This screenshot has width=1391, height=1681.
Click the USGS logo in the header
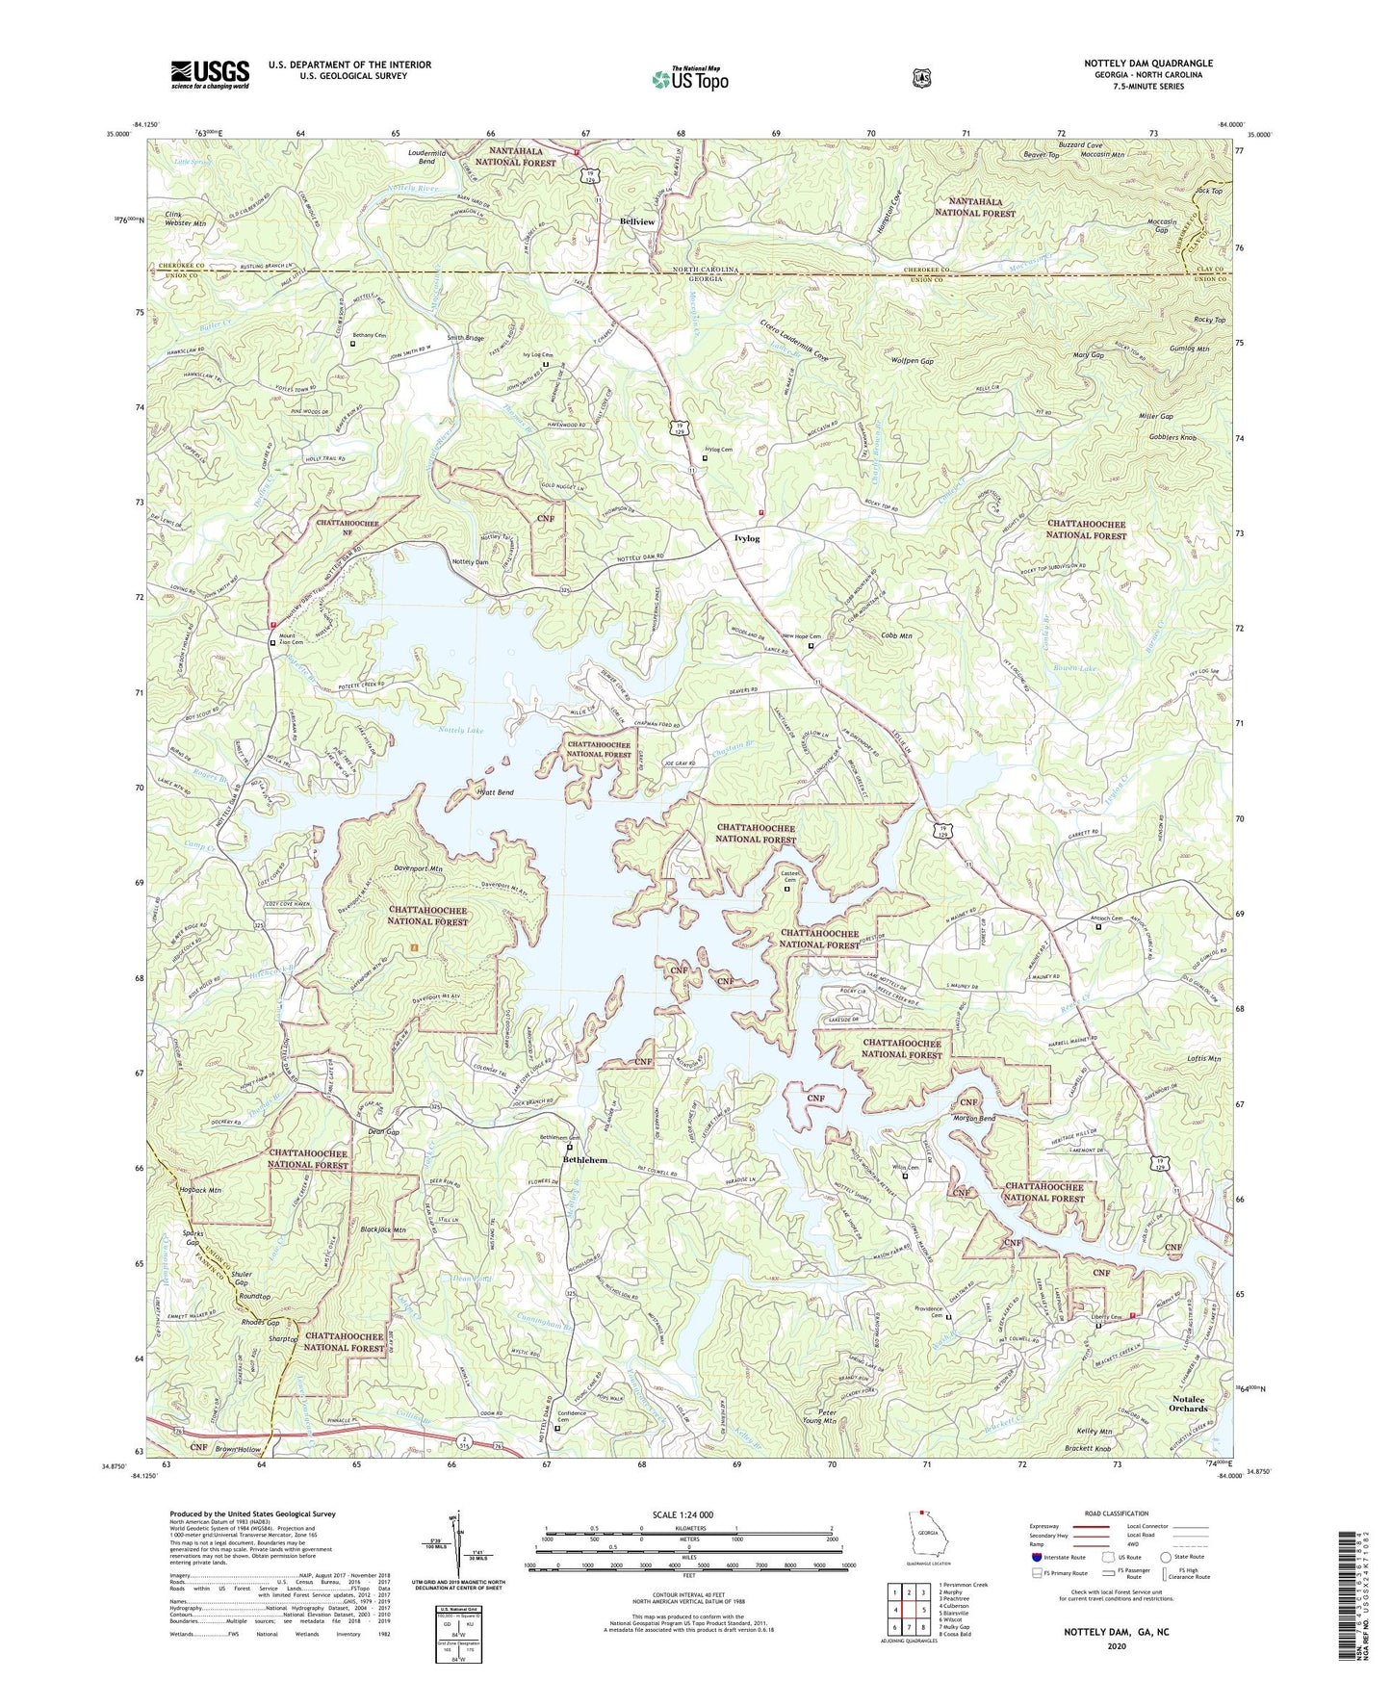210,73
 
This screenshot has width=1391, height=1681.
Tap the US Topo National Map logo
689,79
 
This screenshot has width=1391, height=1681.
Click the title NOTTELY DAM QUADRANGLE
1148,64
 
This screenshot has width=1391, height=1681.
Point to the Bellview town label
636,221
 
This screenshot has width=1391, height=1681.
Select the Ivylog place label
746,538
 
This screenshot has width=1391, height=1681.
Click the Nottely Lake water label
461,731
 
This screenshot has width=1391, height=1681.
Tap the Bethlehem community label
584,1160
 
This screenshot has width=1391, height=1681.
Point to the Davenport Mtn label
418,868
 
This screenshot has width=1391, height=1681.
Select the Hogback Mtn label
200,1190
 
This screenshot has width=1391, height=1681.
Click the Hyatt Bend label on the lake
495,792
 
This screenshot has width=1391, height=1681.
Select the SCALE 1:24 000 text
683,1514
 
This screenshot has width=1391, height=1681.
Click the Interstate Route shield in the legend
1036,1557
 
